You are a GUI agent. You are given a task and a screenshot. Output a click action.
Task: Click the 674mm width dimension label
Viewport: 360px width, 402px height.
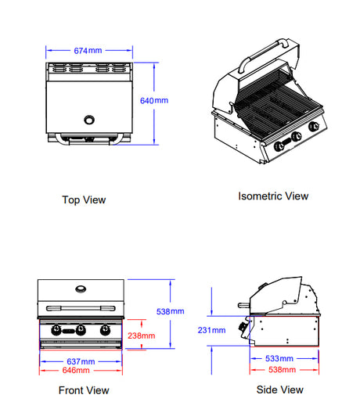pos(88,51)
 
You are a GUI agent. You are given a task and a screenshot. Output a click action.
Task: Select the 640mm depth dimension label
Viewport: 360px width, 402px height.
pos(154,101)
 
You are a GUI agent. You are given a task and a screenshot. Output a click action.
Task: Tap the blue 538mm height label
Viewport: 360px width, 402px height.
pos(170,311)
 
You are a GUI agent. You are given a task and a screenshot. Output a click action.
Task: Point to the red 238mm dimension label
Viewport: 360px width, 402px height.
pos(141,336)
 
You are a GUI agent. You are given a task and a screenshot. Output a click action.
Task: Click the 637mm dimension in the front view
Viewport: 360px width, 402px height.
pos(81,361)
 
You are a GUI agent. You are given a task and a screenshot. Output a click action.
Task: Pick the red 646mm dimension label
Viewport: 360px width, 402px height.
pos(76,370)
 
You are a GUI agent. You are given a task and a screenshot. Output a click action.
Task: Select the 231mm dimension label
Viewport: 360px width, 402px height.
pos(211,330)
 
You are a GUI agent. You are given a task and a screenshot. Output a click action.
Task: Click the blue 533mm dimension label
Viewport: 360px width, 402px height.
pos(279,358)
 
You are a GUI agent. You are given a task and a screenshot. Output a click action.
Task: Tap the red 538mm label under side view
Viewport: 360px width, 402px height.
pos(282,370)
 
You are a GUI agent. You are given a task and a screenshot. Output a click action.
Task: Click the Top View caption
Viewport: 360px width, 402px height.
pos(84,200)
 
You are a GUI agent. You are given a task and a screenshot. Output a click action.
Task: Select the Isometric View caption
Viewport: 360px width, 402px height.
pos(273,196)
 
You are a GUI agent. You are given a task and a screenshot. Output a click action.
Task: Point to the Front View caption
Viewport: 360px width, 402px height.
pos(84,390)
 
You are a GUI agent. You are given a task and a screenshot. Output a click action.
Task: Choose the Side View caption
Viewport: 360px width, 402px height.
pos(279,389)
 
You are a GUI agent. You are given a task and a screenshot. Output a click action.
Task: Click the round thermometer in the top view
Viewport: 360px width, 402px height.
pos(89,120)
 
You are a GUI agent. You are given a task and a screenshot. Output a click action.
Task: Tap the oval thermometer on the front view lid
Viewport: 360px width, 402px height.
pos(81,289)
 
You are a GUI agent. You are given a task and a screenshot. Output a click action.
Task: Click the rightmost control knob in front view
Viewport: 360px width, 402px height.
pos(105,330)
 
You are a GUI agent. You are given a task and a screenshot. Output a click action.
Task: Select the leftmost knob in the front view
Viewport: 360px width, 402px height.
pos(56,330)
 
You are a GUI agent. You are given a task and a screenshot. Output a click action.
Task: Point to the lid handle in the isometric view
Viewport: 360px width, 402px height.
pos(263,53)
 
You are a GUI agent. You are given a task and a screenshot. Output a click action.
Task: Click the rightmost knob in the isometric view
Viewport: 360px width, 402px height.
pos(313,126)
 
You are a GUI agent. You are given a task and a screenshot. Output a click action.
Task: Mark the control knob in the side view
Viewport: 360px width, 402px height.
pos(243,327)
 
